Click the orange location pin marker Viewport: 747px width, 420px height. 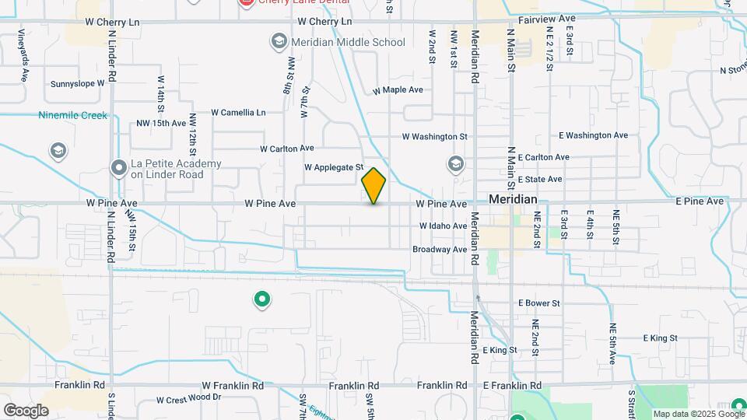click(x=373, y=186)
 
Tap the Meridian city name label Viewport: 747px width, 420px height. click(x=513, y=200)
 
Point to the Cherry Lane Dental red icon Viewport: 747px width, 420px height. click(x=247, y=3)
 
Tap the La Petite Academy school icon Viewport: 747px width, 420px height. click(x=118, y=168)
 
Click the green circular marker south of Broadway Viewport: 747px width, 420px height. click(x=262, y=299)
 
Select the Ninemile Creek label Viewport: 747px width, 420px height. click(x=72, y=116)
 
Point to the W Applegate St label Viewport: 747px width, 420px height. click(x=334, y=167)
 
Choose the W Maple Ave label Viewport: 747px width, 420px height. click(x=398, y=90)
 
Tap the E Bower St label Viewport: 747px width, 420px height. click(x=539, y=303)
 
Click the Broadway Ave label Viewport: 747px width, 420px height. click(x=440, y=250)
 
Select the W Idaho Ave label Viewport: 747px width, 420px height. click(x=443, y=226)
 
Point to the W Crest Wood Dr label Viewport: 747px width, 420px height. click(x=189, y=400)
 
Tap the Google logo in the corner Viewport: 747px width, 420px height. click(x=26, y=410)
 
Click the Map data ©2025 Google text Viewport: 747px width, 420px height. click(x=688, y=414)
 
